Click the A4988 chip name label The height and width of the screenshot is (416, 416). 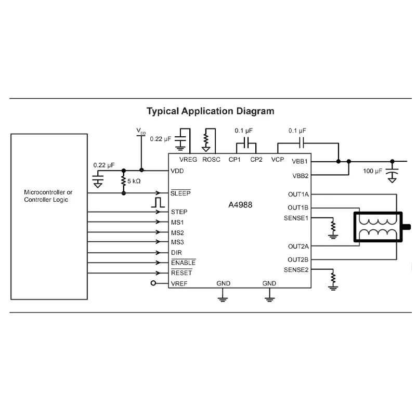[240, 205]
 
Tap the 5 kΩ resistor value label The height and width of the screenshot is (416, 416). [134, 181]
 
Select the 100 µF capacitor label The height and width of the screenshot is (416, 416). [372, 171]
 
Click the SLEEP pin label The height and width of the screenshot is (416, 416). [180, 193]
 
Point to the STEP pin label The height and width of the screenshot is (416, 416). [179, 212]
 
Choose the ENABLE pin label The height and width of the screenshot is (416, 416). [184, 263]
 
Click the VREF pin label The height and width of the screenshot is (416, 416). [179, 283]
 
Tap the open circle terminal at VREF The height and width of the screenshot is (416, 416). [153, 283]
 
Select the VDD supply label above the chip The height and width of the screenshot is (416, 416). [141, 132]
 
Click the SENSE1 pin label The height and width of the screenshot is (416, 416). [296, 218]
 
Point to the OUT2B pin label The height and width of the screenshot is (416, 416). [298, 259]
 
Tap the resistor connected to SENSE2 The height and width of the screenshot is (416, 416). [333, 278]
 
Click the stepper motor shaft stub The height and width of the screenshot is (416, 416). [407, 227]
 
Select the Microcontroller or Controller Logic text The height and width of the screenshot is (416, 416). [48, 196]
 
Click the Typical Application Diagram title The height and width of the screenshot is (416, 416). [211, 111]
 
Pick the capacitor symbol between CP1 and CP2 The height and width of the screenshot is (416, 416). [246, 144]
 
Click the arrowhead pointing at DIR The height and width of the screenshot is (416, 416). [158, 253]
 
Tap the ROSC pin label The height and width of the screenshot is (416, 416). [211, 160]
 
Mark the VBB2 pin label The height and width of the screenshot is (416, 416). [301, 176]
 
